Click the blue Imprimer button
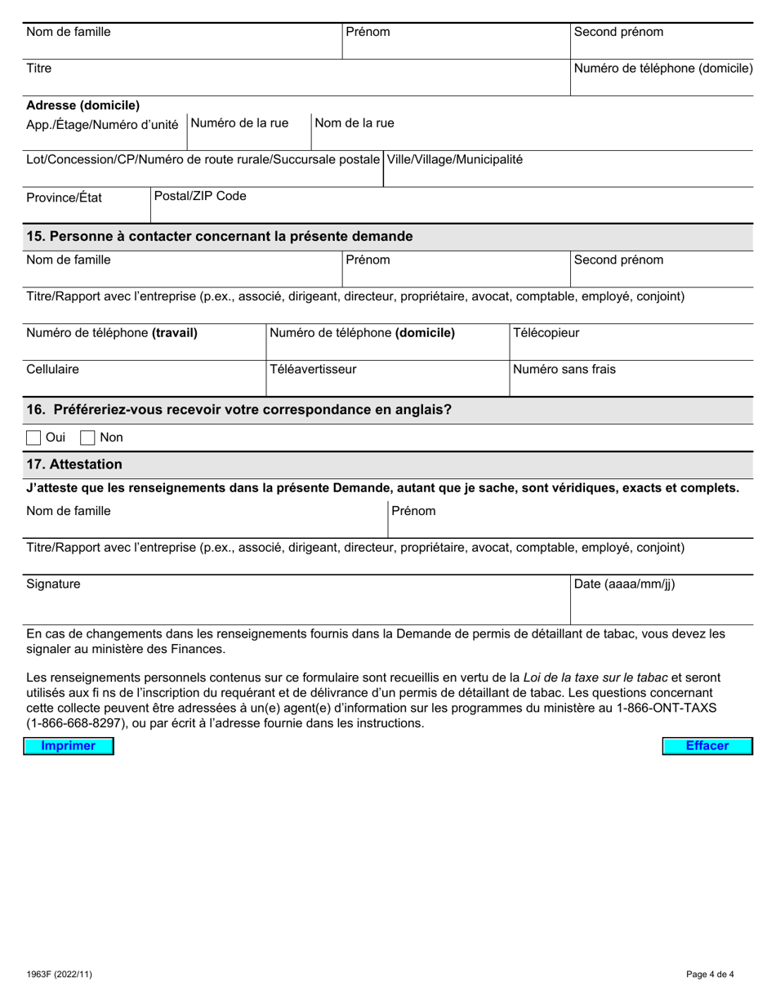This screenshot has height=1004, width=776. pos(69,746)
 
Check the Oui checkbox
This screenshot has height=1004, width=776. pos(34,438)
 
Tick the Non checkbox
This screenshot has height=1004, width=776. pos(87,438)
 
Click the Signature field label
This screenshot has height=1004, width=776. pos(54,584)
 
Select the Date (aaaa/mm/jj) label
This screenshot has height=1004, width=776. pos(625,584)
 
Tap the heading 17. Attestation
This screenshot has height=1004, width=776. pos(74,464)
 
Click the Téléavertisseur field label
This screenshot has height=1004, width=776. pos(313,369)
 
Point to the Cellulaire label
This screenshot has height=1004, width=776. pos(53,369)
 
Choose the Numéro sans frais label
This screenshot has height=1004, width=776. pos(564,369)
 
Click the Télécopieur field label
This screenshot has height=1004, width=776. pos(546,333)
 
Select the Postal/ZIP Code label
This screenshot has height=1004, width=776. pos(200,196)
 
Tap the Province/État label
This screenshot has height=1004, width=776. pos(65,198)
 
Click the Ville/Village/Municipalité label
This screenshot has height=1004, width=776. pos(454,159)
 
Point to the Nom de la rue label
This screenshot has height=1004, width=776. pos(355,122)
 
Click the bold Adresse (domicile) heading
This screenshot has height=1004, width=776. pos(83,105)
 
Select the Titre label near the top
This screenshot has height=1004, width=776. pos(39,68)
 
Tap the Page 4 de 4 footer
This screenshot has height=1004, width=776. pos(710,974)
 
